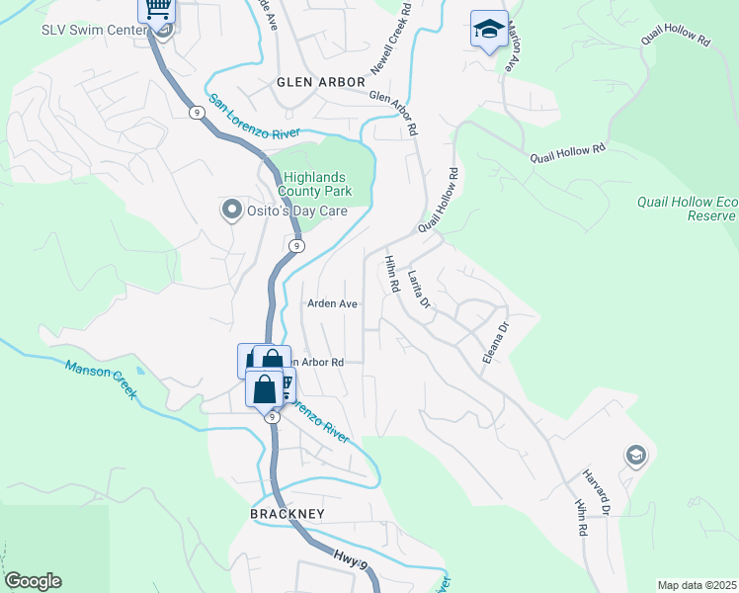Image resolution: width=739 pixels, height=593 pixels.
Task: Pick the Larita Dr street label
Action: coord(419,294)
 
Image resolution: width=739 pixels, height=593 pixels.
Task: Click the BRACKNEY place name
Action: coord(287,515)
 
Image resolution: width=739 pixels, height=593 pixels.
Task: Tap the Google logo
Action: coord(33,581)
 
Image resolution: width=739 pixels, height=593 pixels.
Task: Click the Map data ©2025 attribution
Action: coord(697,585)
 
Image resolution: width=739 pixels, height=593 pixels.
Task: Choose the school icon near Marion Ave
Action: coord(489,30)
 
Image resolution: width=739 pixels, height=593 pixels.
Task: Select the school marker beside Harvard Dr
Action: coord(635,456)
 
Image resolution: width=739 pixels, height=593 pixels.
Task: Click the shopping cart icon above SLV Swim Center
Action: coord(156,9)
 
